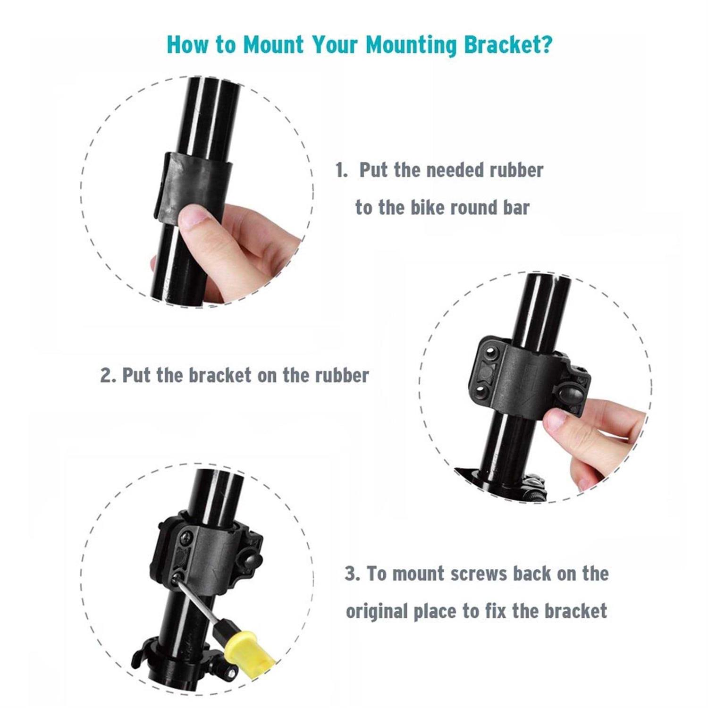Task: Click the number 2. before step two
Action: point(108,376)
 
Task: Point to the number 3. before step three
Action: point(352,574)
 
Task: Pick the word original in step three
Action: point(376,612)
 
